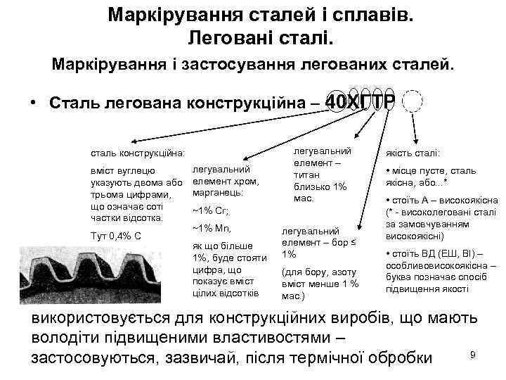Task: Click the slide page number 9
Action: click(x=473, y=354)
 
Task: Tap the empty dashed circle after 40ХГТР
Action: click(x=413, y=103)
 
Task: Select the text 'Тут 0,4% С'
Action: click(x=112, y=234)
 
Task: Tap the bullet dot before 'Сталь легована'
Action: click(x=33, y=102)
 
